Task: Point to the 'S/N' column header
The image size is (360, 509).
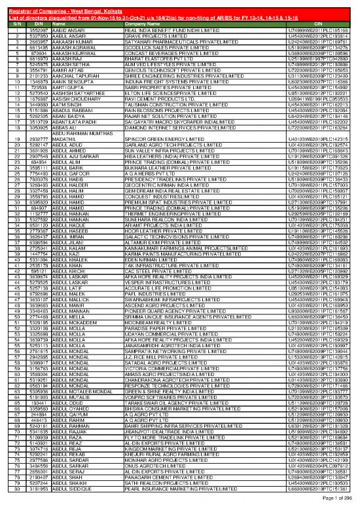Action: coord(11,24)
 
